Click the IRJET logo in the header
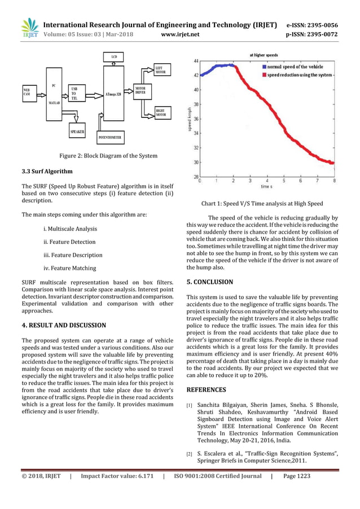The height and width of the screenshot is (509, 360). click(29, 29)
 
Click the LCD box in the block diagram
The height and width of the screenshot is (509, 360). click(114, 57)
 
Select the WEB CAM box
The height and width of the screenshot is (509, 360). click(27, 92)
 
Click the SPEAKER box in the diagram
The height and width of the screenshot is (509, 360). click(77, 131)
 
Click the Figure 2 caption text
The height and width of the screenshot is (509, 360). click(108, 156)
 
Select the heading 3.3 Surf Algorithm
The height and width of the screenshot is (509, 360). click(47, 170)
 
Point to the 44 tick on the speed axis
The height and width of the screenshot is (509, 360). click(195, 60)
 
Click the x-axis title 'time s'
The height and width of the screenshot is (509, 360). click(267, 186)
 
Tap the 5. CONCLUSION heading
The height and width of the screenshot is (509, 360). click(209, 282)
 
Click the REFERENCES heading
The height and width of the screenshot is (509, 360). click(206, 389)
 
